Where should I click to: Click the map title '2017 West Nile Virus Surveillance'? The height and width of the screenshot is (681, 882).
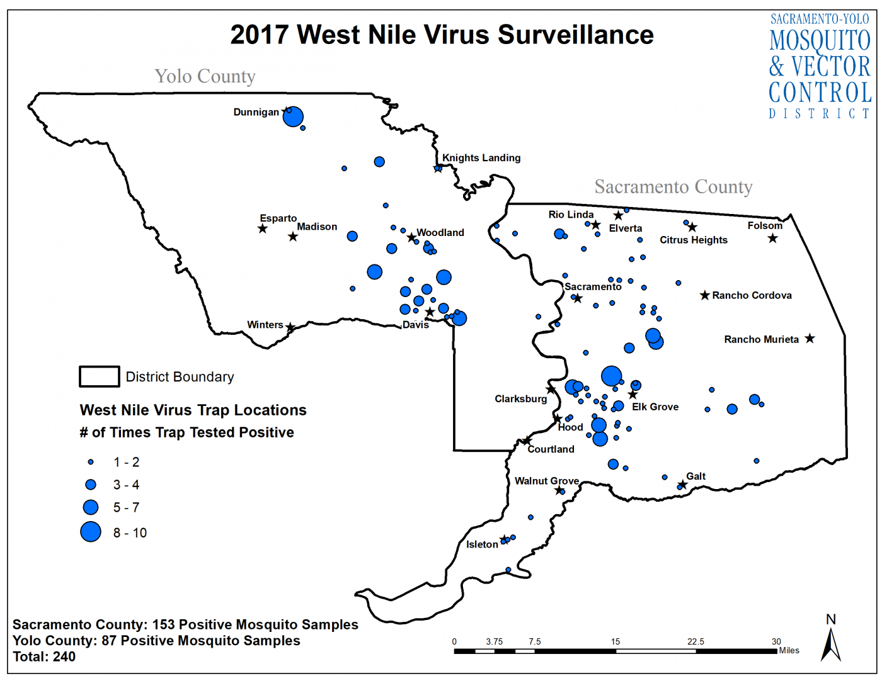click(x=442, y=35)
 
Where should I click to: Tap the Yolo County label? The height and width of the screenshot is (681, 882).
click(x=205, y=76)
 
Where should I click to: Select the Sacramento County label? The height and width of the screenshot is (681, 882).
click(x=673, y=187)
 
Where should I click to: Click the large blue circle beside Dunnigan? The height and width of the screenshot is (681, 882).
click(x=293, y=116)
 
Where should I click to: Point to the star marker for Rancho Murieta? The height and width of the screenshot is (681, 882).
click(x=810, y=339)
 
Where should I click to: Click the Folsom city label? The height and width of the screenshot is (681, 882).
click(x=764, y=225)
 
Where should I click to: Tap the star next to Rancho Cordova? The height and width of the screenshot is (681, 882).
click(x=705, y=295)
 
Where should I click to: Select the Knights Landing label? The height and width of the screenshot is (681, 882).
click(x=481, y=158)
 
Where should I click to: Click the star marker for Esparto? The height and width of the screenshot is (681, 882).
click(x=263, y=228)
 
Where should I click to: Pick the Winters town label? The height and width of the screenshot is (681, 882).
click(x=265, y=325)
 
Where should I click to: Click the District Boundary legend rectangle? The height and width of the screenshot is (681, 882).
click(x=99, y=376)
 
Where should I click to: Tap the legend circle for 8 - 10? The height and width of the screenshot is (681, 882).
click(x=91, y=532)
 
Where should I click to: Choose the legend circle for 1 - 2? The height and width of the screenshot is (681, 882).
click(x=91, y=462)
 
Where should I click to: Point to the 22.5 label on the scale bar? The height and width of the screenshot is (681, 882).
click(x=696, y=641)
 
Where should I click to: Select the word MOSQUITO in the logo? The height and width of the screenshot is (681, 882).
click(x=820, y=41)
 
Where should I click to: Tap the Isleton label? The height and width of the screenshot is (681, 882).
click(x=482, y=544)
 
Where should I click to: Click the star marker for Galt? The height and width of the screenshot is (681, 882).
click(x=682, y=485)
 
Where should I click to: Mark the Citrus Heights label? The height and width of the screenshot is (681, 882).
click(x=693, y=240)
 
